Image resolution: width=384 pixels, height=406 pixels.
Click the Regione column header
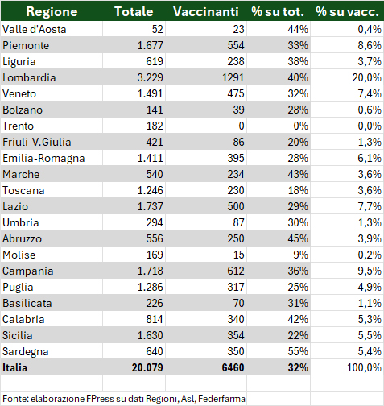pos(52,11)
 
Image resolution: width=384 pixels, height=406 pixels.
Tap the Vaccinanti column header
pos(206,11)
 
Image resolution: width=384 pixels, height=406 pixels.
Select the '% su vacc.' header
pos(347,11)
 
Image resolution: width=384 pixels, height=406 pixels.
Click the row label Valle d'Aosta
pos(34,29)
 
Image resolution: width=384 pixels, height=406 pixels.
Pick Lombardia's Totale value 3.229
pos(150,77)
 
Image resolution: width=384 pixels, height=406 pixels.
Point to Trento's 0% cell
pos(300,126)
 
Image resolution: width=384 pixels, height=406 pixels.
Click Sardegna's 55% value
pos(298,351)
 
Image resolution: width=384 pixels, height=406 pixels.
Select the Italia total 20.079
pos(147,367)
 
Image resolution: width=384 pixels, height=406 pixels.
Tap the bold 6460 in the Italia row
pos(233,367)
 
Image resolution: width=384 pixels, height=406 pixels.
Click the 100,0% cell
pos(364,367)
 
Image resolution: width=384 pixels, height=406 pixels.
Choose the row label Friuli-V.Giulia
pos(37,142)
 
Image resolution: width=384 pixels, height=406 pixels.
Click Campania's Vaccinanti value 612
pos(236,271)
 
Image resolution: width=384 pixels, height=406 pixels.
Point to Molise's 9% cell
pos(300,255)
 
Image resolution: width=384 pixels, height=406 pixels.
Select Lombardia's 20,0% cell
pos(366,77)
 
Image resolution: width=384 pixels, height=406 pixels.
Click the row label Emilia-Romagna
pos(43,158)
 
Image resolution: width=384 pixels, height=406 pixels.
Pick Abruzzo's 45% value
pos(298,238)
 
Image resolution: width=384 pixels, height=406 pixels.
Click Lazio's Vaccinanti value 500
pos(236,206)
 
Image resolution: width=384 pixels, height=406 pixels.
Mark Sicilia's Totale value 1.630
pos(150,335)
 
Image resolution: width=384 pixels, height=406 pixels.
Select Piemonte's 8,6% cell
pos(370,45)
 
